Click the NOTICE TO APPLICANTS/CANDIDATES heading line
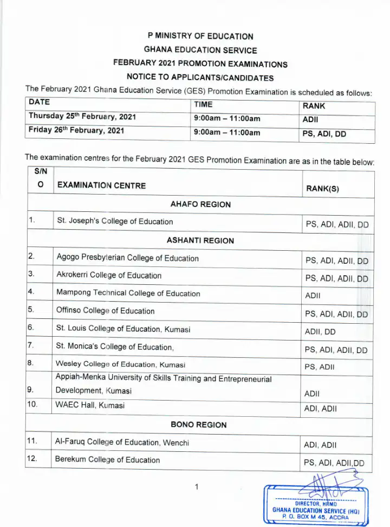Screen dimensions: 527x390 coord(200,77)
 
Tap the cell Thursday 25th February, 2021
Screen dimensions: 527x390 coord(82,116)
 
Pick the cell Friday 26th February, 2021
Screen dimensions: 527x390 coord(76,131)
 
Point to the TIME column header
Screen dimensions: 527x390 coord(203,105)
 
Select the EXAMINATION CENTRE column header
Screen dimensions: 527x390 coord(101,185)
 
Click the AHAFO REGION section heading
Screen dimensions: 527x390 coord(200,204)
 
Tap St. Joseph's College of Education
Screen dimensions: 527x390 coord(115,221)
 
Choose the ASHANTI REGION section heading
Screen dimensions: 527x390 coord(200,241)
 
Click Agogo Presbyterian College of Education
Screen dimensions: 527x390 coord(127,258)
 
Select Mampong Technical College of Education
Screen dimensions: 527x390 coord(128,293)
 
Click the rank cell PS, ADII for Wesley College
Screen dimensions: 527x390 coord(320,367)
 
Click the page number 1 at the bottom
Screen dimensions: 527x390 coord(197,487)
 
